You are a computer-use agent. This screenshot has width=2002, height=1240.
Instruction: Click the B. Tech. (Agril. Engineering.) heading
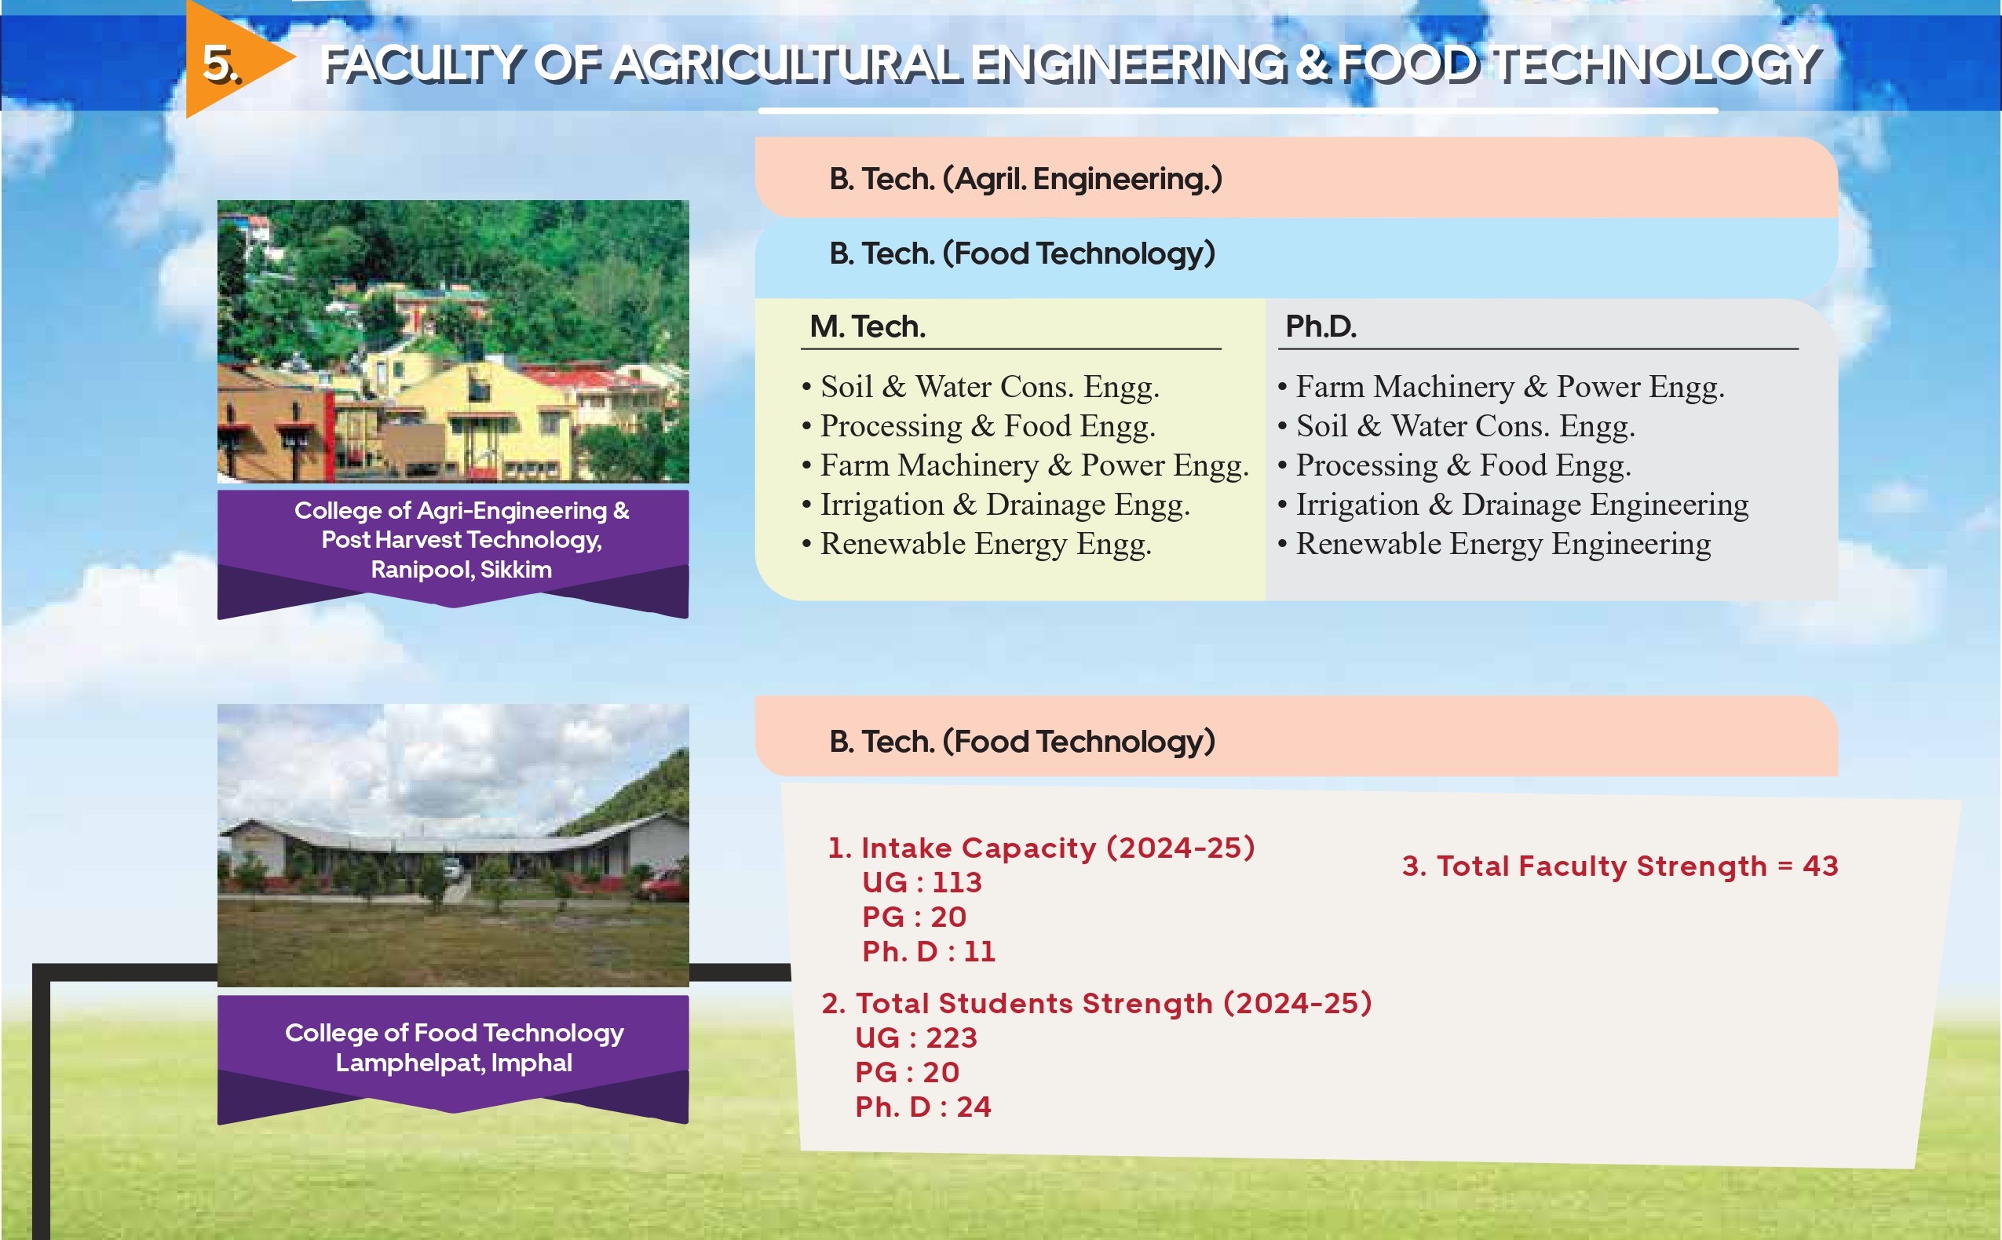coord(1025,179)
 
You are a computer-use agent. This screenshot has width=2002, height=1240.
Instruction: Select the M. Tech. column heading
coord(867,326)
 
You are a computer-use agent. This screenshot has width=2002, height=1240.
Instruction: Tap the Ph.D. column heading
coord(1321,326)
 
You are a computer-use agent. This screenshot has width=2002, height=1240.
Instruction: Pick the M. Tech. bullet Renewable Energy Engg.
coord(977,544)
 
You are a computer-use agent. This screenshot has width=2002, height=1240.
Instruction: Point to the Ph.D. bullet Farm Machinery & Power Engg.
coord(1501,386)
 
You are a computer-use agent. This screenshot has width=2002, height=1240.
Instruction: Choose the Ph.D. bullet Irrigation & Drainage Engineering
coord(1512,505)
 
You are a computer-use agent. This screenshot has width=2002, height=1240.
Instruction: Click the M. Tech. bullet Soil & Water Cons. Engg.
coord(981,386)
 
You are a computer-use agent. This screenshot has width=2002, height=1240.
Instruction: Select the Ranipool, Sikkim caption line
coord(461,569)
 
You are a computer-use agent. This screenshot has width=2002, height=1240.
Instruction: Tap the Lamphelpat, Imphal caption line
coord(454,1063)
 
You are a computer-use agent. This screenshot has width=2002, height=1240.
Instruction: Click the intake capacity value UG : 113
coord(922,882)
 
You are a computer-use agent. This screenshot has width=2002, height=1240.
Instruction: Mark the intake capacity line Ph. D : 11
coord(929,951)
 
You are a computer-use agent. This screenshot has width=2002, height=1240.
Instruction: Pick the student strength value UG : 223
coord(916,1038)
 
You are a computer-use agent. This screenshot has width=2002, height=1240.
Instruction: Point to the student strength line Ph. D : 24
coord(922,1107)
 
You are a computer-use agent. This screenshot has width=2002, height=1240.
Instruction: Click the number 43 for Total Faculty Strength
coord(1821,866)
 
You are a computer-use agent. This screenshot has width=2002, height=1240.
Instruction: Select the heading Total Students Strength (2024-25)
coord(1097,1004)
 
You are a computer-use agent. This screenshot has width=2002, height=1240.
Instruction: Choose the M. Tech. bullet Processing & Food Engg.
coord(978,425)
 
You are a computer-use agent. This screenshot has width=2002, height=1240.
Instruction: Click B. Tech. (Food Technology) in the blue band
coord(1022,253)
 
